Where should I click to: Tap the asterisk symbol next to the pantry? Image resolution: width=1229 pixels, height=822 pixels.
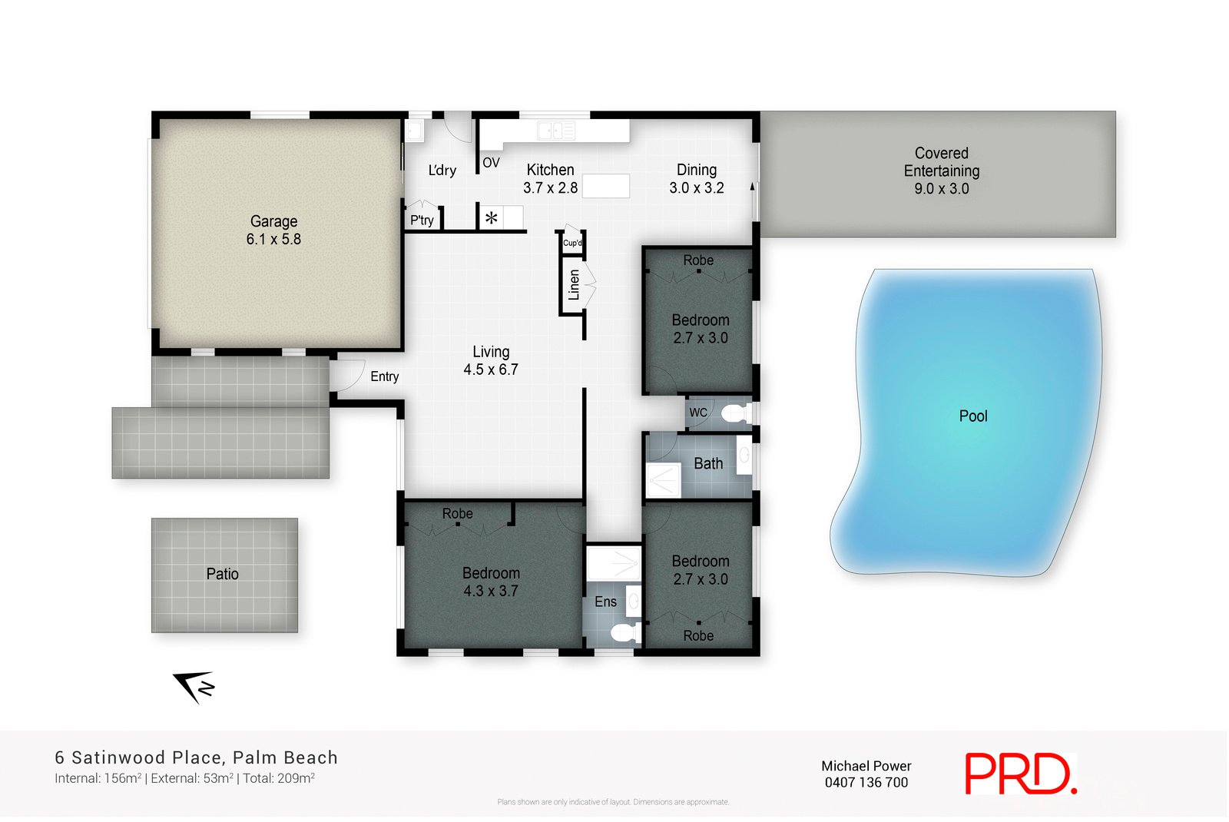pyautogui.click(x=491, y=218)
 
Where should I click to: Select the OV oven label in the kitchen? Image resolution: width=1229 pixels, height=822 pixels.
pyautogui.click(x=491, y=163)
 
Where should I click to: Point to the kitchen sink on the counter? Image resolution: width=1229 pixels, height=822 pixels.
pyautogui.click(x=556, y=131)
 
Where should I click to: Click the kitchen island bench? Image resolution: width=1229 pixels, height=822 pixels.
pyautogui.click(x=605, y=186)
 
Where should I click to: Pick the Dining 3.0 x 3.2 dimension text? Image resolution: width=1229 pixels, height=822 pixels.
pyautogui.click(x=696, y=188)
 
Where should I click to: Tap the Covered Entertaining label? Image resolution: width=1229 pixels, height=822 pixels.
pyautogui.click(x=941, y=171)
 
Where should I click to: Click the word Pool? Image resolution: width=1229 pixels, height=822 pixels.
pyautogui.click(x=972, y=416)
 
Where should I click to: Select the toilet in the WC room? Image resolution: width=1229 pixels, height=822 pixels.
pyautogui.click(x=734, y=413)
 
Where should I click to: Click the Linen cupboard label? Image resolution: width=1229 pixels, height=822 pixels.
pyautogui.click(x=574, y=284)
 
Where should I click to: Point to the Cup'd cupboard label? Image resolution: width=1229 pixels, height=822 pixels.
pyautogui.click(x=572, y=243)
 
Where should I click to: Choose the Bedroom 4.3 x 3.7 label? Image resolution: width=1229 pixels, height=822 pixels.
pyautogui.click(x=491, y=582)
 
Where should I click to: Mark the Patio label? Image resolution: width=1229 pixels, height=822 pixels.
pyautogui.click(x=222, y=574)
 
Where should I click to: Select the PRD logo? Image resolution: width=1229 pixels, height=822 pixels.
pyautogui.click(x=1019, y=774)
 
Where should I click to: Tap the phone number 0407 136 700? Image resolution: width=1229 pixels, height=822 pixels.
pyautogui.click(x=866, y=783)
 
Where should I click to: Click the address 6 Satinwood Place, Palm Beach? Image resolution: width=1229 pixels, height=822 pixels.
pyautogui.click(x=196, y=757)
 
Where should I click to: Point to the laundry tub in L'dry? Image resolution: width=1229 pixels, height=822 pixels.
pyautogui.click(x=414, y=131)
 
